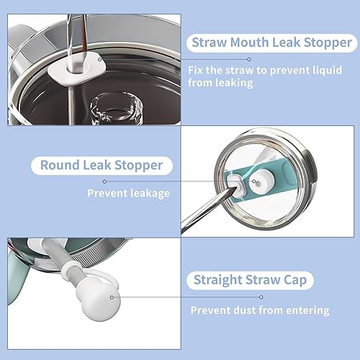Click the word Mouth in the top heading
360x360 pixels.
(250, 42)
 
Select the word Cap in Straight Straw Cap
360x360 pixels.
(295, 280)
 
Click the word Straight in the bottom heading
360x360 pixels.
(218, 280)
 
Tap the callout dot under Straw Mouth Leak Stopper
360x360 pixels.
(249, 59)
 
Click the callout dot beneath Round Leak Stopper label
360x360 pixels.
(104, 181)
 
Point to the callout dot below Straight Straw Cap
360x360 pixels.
(261, 297)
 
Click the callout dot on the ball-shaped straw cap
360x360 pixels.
(112, 297)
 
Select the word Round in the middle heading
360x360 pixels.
(60, 165)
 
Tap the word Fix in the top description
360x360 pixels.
(195, 70)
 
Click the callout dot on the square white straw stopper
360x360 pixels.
(100, 60)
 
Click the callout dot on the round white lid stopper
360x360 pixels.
(254, 181)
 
